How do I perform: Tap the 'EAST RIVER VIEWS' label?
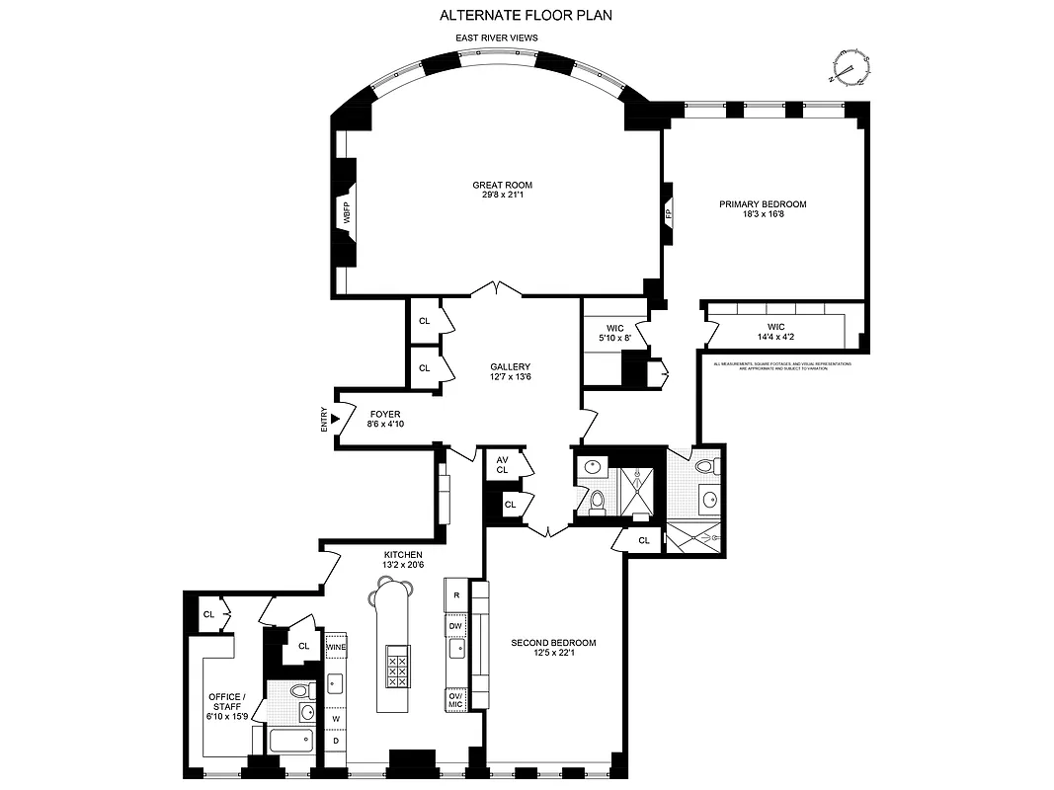click(496, 38)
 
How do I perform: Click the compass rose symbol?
click(847, 67)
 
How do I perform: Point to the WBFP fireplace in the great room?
click(347, 213)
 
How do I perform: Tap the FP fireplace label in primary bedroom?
click(669, 213)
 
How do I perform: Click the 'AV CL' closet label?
click(502, 465)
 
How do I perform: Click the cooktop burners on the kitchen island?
click(399, 667)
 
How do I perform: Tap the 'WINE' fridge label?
click(336, 647)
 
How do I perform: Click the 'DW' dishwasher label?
click(455, 626)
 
